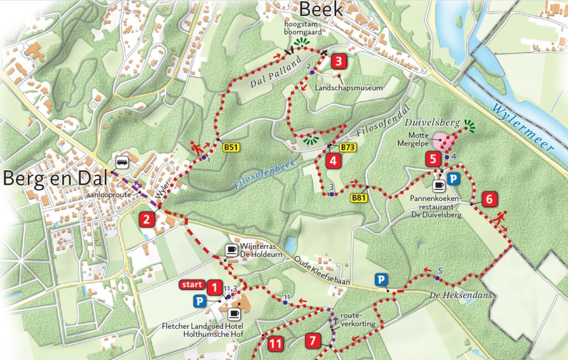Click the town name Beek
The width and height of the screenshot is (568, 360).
coord(321,9)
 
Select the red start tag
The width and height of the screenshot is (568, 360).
coord(191,285)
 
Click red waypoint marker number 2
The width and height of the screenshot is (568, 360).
coord(146,219)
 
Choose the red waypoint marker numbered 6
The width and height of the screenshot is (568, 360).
coord(489,199)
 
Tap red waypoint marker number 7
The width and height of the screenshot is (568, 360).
coord(313,340)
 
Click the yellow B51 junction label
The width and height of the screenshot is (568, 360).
coord(231,148)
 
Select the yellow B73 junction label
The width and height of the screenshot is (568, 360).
coord(348,148)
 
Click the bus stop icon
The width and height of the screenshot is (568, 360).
coord(121,163)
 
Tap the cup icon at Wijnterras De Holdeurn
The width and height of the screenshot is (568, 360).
coord(231,250)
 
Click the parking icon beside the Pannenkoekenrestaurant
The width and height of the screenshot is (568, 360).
coord(454,179)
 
